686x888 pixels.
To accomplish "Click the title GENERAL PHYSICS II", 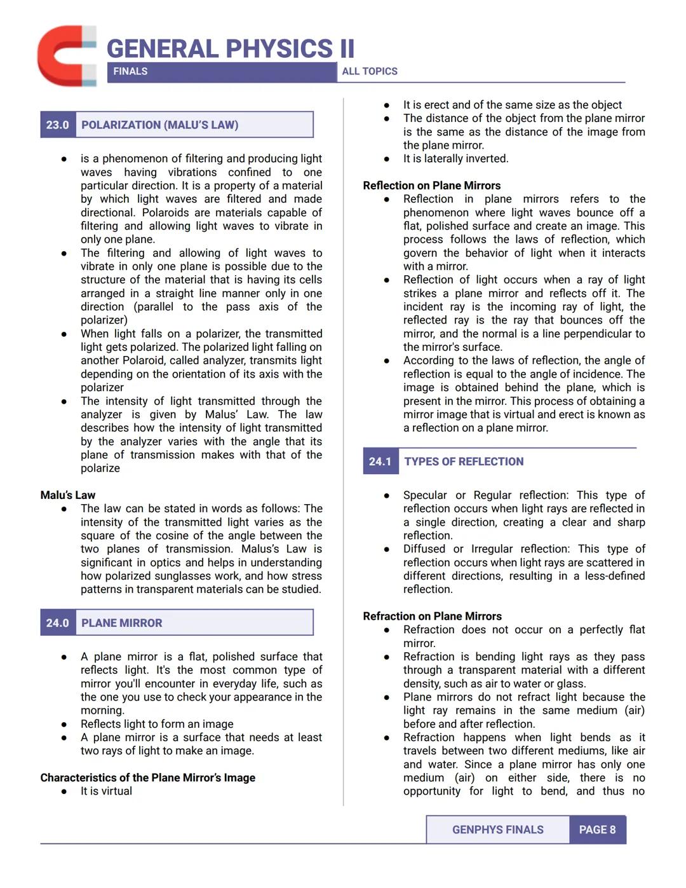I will (x=230, y=49).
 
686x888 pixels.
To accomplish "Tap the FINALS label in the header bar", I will (x=130, y=71).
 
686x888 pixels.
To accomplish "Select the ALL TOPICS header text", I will (x=370, y=71).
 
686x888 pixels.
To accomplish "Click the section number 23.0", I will (x=57, y=125).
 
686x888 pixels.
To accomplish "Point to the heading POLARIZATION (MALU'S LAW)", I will (x=160, y=125).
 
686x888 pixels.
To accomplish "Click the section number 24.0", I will (x=57, y=623).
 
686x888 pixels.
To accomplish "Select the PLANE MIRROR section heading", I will (x=122, y=623).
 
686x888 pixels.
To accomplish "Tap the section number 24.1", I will (x=380, y=461).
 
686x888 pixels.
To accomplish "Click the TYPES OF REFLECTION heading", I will (x=464, y=461).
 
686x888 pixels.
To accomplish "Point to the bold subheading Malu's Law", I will (x=68, y=495).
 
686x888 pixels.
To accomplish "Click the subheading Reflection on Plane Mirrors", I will (x=432, y=186).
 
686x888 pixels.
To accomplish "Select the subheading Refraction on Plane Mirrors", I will (x=432, y=616).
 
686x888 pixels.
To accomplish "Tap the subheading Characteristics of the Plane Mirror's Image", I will (x=148, y=777).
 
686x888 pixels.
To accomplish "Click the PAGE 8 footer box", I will (x=597, y=830).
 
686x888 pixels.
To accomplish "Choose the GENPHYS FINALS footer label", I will (x=498, y=830).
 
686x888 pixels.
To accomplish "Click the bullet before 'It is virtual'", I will (x=64, y=791).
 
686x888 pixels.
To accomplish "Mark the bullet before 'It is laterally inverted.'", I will (x=386, y=159).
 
